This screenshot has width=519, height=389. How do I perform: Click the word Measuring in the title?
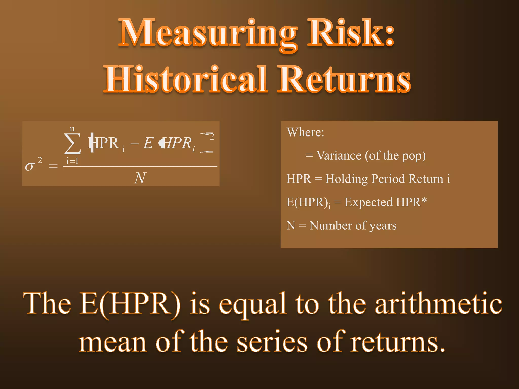click(x=208, y=33)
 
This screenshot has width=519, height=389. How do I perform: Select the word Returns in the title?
click(x=343, y=79)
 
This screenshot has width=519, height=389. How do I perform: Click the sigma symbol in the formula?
click(x=30, y=166)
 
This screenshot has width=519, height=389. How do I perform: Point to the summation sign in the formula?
click(x=72, y=144)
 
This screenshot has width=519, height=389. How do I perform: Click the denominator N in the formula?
click(x=140, y=178)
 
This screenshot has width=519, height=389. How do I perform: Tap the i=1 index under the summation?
click(x=72, y=161)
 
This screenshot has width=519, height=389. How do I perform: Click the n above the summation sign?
click(x=72, y=129)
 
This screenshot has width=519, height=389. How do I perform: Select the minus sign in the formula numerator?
click(x=134, y=144)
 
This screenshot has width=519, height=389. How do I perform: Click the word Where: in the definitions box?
click(x=305, y=132)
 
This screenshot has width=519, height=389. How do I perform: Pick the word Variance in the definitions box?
click(x=339, y=155)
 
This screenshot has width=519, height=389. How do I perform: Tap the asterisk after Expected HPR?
click(x=424, y=201)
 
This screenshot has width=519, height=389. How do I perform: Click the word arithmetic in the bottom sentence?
click(x=438, y=303)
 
